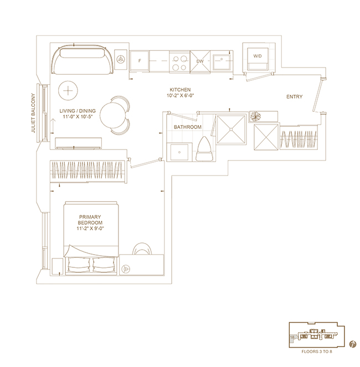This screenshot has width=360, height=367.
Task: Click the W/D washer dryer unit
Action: tap(258, 59)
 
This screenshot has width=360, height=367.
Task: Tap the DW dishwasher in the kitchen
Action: tap(200, 62)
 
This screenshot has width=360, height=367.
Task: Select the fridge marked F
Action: tap(140, 61)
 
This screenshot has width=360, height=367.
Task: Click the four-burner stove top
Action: tap(179, 62)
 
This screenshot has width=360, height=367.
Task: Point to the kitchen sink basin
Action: tap(222, 62)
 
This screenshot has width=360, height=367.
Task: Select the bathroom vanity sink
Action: tap(179, 152)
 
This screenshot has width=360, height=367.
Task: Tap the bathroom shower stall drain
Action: tap(231, 129)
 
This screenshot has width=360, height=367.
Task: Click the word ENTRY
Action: tap(295, 97)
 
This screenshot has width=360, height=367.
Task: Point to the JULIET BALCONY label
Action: tap(33, 113)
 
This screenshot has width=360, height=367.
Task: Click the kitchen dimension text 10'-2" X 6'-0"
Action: tap(181, 96)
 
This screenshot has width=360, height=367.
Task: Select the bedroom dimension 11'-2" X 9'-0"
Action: tap(90, 229)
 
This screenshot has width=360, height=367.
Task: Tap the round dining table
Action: tap(112, 115)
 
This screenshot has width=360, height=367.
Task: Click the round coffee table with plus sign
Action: tap(68, 91)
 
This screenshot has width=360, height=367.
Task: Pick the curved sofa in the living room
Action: tap(83, 60)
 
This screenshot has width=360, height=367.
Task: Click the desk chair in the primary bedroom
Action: tap(142, 249)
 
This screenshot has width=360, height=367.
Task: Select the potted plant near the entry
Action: tap(255, 116)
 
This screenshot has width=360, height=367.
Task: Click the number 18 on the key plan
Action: tap(292, 337)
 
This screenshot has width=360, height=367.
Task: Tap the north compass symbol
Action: tap(352, 344)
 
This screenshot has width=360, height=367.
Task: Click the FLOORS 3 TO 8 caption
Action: tap(317, 352)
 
